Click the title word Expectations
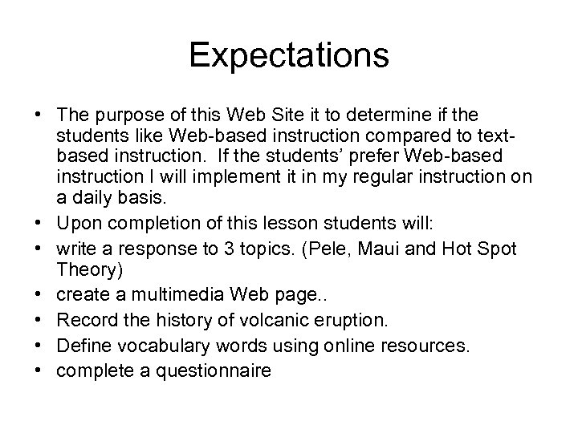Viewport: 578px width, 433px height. pyautogui.click(x=289, y=56)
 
